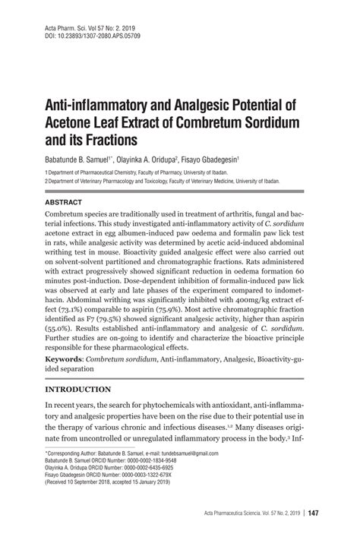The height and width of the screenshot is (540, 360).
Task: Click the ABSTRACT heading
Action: point(64,204)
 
